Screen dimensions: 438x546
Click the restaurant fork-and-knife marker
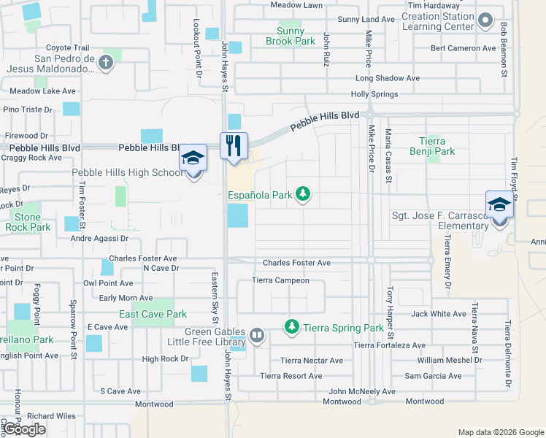(234, 145)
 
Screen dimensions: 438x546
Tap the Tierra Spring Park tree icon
(292, 326)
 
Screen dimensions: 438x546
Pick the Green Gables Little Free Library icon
(256, 336)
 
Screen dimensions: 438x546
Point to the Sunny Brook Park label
(296, 36)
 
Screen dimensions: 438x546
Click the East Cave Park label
(153, 315)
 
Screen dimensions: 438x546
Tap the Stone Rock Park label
(28, 222)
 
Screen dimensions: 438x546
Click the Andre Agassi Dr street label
(99, 238)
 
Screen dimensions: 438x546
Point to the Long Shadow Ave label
(387, 78)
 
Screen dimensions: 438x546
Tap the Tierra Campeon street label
(280, 280)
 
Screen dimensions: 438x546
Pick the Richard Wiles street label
(52, 416)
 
